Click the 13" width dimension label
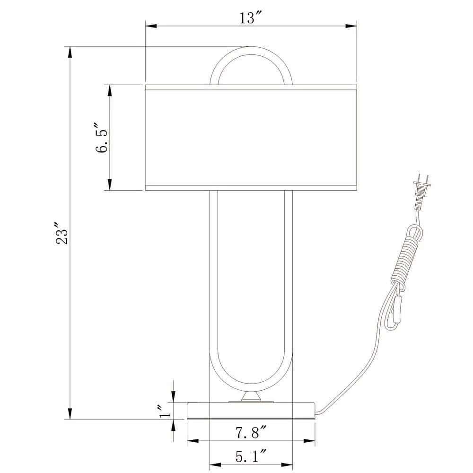[251, 18]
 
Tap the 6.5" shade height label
[100, 138]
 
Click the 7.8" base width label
[251, 432]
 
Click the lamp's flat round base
[251, 411]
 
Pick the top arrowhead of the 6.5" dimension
[110, 90]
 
